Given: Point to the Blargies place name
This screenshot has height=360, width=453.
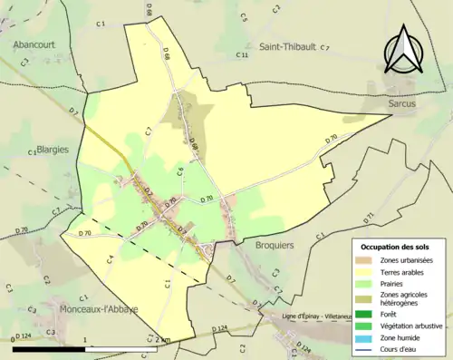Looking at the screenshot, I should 52,151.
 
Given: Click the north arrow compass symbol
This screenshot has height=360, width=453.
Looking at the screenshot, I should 403,49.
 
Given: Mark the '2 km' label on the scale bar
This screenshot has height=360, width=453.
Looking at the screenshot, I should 162,339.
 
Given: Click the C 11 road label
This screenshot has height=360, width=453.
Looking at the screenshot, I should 242,55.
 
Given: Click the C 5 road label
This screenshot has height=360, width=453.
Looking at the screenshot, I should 244,16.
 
